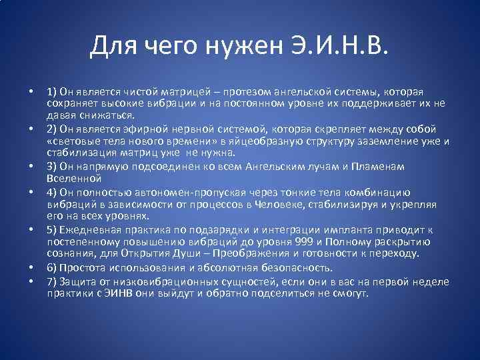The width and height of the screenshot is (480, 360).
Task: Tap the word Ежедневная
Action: (89, 229)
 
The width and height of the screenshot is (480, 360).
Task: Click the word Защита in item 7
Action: (77, 280)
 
